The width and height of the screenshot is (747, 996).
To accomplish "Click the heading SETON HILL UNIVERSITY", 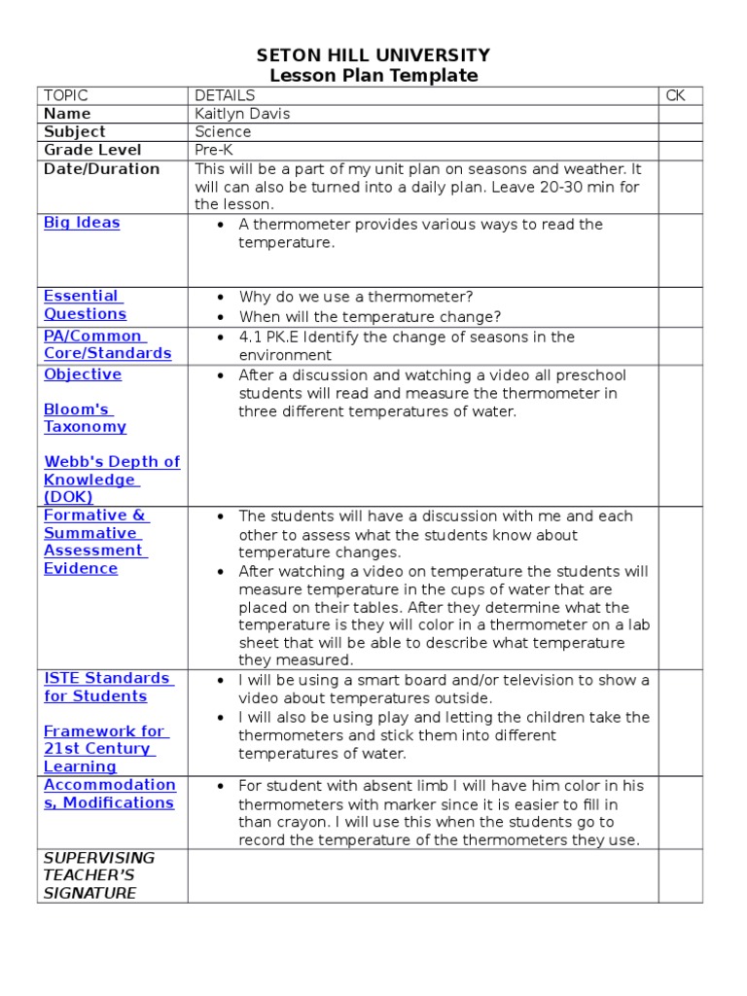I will tap(373, 55).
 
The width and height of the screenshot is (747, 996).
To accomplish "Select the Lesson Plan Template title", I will tap(373, 76).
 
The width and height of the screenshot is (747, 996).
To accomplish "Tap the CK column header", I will tap(676, 95).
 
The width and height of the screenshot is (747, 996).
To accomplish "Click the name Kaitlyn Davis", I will tap(242, 114).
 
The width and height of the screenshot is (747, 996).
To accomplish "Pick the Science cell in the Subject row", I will tap(223, 132).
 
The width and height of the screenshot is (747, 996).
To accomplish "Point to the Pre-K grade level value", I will tap(214, 151).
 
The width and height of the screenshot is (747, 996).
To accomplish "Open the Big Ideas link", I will tap(82, 223).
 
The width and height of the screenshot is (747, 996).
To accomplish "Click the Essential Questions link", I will tap(85, 304).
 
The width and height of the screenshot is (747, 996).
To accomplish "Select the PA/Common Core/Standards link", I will tap(107, 344).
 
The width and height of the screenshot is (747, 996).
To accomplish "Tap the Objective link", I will tap(83, 374).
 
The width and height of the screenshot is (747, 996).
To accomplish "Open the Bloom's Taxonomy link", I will tap(85, 417).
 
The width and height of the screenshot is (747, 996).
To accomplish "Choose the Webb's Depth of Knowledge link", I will tap(111, 479).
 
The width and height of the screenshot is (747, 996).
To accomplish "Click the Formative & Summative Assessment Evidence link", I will tap(95, 542).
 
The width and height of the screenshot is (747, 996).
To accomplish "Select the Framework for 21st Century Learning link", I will tap(104, 749).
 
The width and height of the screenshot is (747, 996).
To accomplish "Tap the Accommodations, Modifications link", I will tap(109, 794).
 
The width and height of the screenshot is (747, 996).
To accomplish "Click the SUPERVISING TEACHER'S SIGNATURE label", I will tap(98, 875).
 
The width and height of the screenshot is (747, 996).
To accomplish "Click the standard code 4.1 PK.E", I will tap(274, 338).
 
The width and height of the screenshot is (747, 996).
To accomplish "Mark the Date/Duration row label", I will tap(101, 169).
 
